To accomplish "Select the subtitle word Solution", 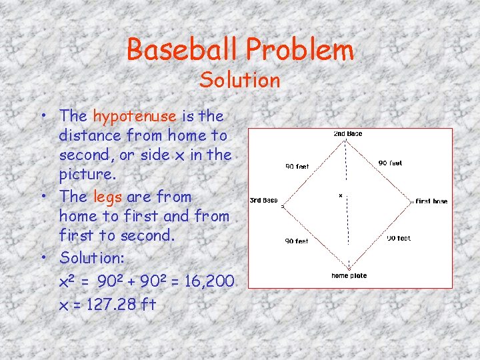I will click(240, 80).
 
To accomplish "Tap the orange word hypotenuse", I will click(135, 116).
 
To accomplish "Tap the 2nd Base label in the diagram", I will click(347, 134).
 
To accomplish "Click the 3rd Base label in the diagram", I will click(263, 200).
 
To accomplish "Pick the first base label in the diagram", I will click(431, 201).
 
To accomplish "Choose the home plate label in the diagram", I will click(349, 275).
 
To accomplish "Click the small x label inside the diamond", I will click(341, 195).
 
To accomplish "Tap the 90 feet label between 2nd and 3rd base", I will click(297, 167).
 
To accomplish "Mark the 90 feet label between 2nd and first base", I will click(390, 163).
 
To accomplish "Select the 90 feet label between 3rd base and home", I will click(297, 241).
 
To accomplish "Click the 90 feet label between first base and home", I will click(399, 238).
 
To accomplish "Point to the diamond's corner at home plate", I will click(349, 267).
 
